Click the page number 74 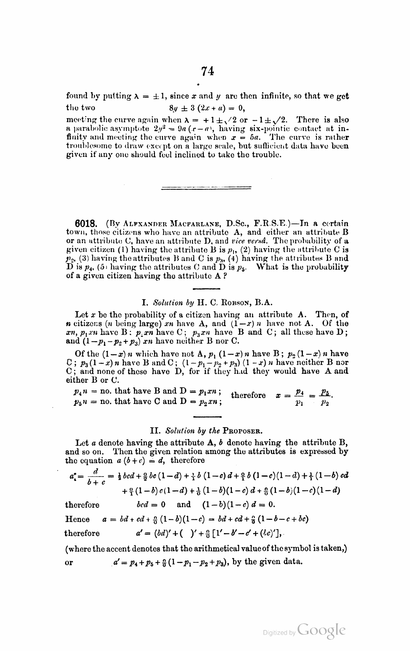click(207, 71)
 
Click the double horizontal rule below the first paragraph click(205, 187)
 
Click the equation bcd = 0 click(148, 505)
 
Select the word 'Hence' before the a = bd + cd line click(77, 519)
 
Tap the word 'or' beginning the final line click(69, 562)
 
